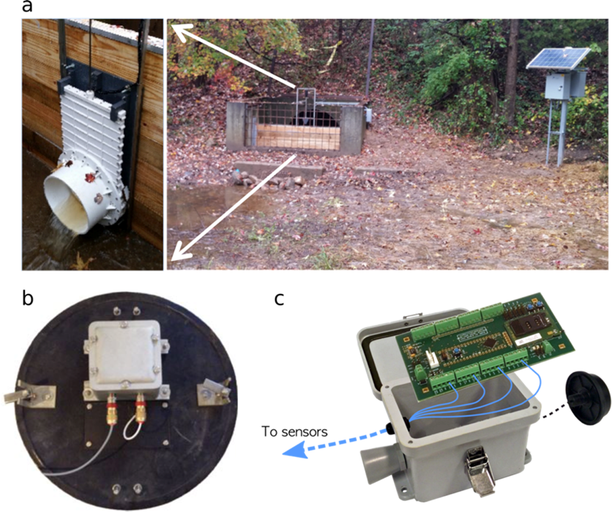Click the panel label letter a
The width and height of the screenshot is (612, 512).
(x=26, y=6)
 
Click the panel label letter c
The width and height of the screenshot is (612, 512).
(x=279, y=299)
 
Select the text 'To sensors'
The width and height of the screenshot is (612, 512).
(x=294, y=431)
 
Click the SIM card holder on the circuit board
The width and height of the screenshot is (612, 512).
(x=528, y=328)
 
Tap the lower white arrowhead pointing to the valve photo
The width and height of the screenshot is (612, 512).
(x=179, y=252)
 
